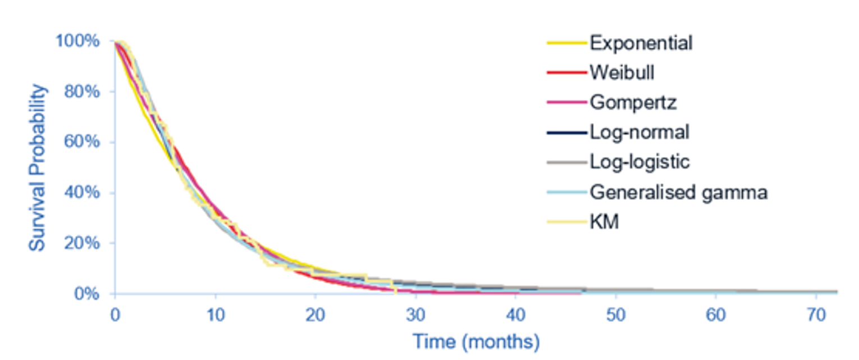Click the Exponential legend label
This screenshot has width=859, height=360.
(x=641, y=43)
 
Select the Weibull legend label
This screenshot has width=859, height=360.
(x=622, y=72)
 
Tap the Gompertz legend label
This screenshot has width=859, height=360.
(x=633, y=103)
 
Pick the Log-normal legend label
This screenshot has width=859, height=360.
(x=639, y=133)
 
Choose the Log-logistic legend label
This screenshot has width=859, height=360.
(x=639, y=162)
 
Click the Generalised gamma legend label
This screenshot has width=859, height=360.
(x=678, y=192)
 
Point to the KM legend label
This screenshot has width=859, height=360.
(x=604, y=222)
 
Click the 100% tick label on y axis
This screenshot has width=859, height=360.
(x=78, y=41)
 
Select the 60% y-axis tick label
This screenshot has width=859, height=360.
(x=82, y=142)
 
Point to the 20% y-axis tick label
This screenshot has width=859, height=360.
(x=82, y=243)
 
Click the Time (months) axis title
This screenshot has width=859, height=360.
(x=476, y=340)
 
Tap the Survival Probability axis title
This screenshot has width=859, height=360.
(x=38, y=167)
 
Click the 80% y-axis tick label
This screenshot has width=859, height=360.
(x=82, y=92)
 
